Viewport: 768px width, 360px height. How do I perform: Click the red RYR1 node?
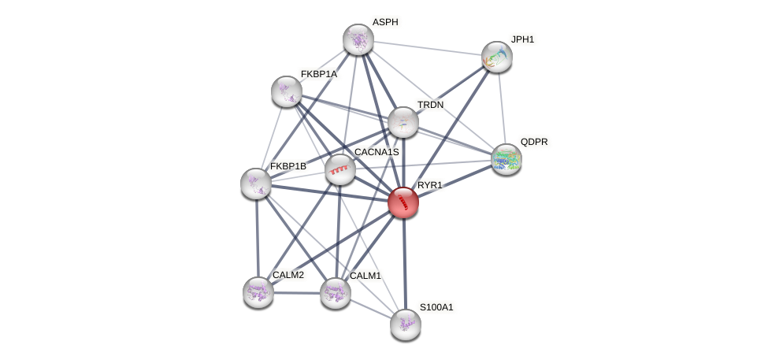(x=403, y=202)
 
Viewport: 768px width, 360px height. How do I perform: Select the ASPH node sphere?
(x=358, y=39)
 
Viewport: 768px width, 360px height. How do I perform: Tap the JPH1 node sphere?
(x=496, y=57)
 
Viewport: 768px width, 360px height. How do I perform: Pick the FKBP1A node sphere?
(x=287, y=91)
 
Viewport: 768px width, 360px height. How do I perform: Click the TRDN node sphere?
(x=403, y=122)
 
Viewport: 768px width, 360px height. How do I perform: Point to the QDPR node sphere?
(x=506, y=159)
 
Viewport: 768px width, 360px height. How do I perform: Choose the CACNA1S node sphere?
(x=340, y=169)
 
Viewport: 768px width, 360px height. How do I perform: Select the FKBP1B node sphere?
(x=256, y=184)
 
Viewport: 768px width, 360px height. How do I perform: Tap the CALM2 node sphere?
(x=258, y=292)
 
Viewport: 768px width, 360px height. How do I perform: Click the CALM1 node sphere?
(x=336, y=293)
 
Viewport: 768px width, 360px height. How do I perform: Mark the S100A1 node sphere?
(x=406, y=324)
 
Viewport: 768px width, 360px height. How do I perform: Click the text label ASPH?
(x=385, y=22)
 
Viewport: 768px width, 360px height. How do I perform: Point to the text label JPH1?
(x=522, y=39)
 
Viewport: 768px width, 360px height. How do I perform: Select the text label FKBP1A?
(x=318, y=74)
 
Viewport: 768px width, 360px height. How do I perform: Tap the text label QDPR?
(x=533, y=142)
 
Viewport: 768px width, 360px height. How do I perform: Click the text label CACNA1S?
(x=377, y=151)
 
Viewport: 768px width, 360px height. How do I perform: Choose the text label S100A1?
(x=436, y=306)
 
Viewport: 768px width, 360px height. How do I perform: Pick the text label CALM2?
(x=288, y=275)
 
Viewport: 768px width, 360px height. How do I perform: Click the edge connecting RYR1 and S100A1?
(x=404, y=263)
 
